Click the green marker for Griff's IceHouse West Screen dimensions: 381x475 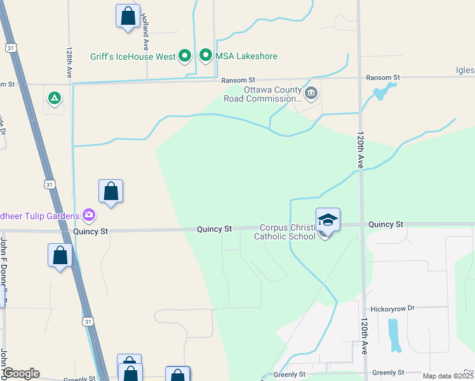click(x=185, y=57)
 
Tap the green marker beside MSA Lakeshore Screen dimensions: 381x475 click(x=206, y=57)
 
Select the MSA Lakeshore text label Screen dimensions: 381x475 click(x=246, y=57)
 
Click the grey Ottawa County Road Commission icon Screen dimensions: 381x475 click(x=311, y=94)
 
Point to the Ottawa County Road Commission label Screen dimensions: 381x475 click(x=263, y=94)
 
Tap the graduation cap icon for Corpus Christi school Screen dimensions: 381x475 click(x=328, y=220)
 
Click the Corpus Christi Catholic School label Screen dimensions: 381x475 click(x=284, y=232)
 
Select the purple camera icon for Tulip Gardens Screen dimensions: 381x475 click(x=88, y=215)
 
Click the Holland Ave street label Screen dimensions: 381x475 click(x=145, y=32)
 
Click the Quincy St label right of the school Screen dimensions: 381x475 click(x=385, y=224)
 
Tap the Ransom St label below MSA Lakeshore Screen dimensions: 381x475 click(x=237, y=80)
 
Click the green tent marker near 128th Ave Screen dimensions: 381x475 click(x=55, y=98)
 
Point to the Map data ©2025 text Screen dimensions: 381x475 click(x=447, y=376)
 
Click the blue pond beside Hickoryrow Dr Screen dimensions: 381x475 click(x=394, y=335)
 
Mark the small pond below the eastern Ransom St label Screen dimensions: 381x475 click(x=380, y=93)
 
